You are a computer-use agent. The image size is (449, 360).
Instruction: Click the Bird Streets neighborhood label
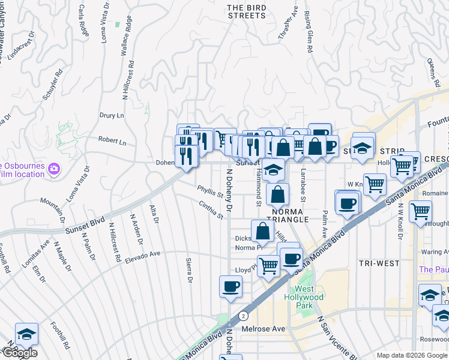point(246,11)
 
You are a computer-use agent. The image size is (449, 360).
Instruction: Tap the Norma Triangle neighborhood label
point(290,216)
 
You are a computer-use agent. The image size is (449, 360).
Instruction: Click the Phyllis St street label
point(211,192)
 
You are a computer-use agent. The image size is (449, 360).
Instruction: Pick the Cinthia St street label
point(211,210)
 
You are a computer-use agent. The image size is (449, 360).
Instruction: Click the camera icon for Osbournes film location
point(54,169)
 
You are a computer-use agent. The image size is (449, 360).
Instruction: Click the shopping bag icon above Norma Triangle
point(278,194)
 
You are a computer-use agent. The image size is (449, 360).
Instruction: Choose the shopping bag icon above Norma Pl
point(263,231)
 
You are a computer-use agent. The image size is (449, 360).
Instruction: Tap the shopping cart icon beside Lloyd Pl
point(268,265)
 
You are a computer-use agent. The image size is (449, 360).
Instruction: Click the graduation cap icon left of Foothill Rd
point(26,333)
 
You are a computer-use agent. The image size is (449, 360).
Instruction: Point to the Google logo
point(19,353)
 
